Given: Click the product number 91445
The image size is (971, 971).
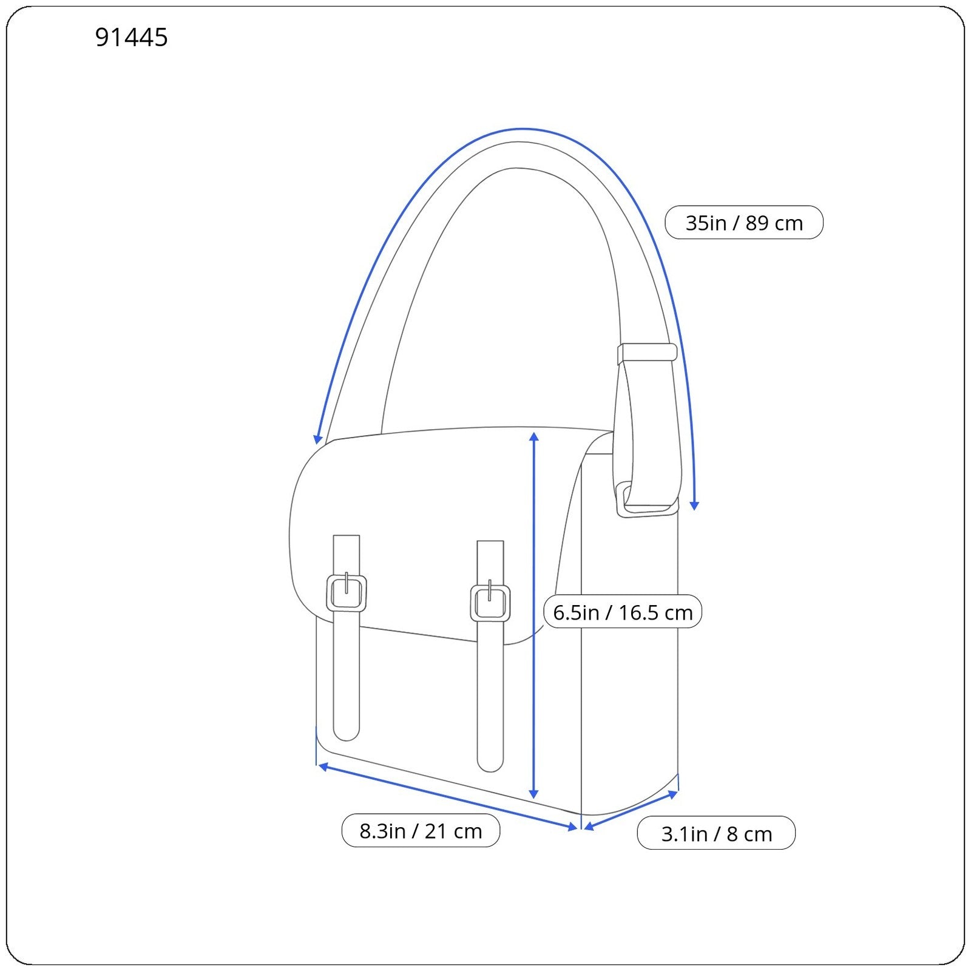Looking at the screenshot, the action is coord(131,38).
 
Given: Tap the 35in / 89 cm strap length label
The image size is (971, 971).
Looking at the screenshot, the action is coord(744,223).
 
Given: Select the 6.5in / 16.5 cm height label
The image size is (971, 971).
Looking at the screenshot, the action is coord(623,612).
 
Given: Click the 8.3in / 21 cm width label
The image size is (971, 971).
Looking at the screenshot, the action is coord(421,831).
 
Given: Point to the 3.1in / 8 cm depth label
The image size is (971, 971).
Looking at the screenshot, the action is coord(716,833).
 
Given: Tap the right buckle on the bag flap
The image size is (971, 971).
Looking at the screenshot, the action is coord(490,601).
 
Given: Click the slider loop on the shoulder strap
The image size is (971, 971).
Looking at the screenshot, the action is coord(647,353).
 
